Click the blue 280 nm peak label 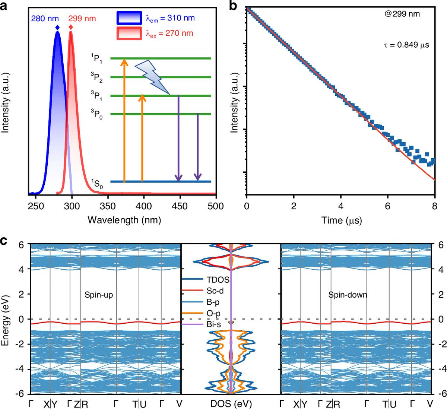point(45,18)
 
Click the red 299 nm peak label point(82,18)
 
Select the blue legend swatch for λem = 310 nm point(129,18)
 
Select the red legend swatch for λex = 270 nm point(129,33)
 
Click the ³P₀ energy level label point(96,114)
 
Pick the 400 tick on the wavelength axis point(144,206)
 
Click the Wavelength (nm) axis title point(124,220)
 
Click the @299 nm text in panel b point(402,14)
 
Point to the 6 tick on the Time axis point(388,206)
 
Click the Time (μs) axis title point(342,220)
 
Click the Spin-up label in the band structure point(99,295)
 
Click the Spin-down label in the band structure point(348,295)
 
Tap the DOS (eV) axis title point(231,404)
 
